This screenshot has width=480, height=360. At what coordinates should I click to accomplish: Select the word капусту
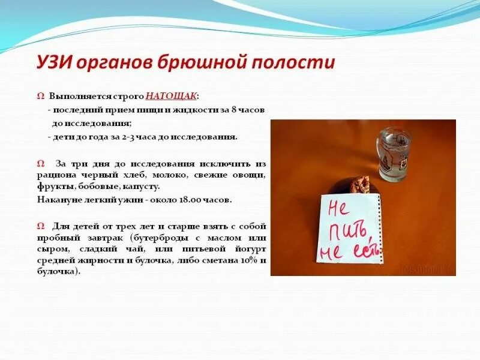(143, 187)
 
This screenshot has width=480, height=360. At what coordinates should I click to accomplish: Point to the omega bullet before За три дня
(40, 163)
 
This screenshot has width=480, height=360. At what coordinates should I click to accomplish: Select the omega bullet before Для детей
(40, 226)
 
